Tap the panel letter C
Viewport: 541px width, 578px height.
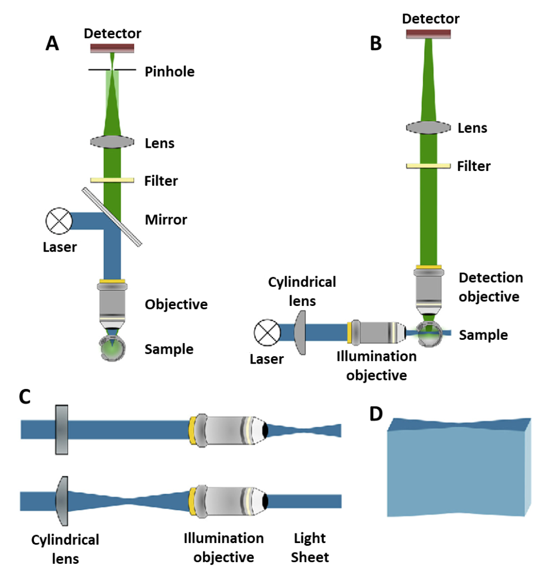pos(24,397)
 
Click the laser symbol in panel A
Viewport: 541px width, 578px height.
pos(58,221)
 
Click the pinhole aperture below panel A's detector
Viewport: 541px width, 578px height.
pos(112,70)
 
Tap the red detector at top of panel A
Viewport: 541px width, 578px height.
pos(112,48)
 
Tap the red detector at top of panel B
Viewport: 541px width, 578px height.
pos(428,34)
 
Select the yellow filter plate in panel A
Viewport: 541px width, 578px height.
pos(112,180)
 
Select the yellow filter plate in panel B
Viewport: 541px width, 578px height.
pos(428,165)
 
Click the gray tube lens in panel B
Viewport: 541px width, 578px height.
pos(428,128)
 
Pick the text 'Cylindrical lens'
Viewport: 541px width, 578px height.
pos(302,291)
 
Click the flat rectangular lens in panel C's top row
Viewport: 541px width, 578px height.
pos(61,430)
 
